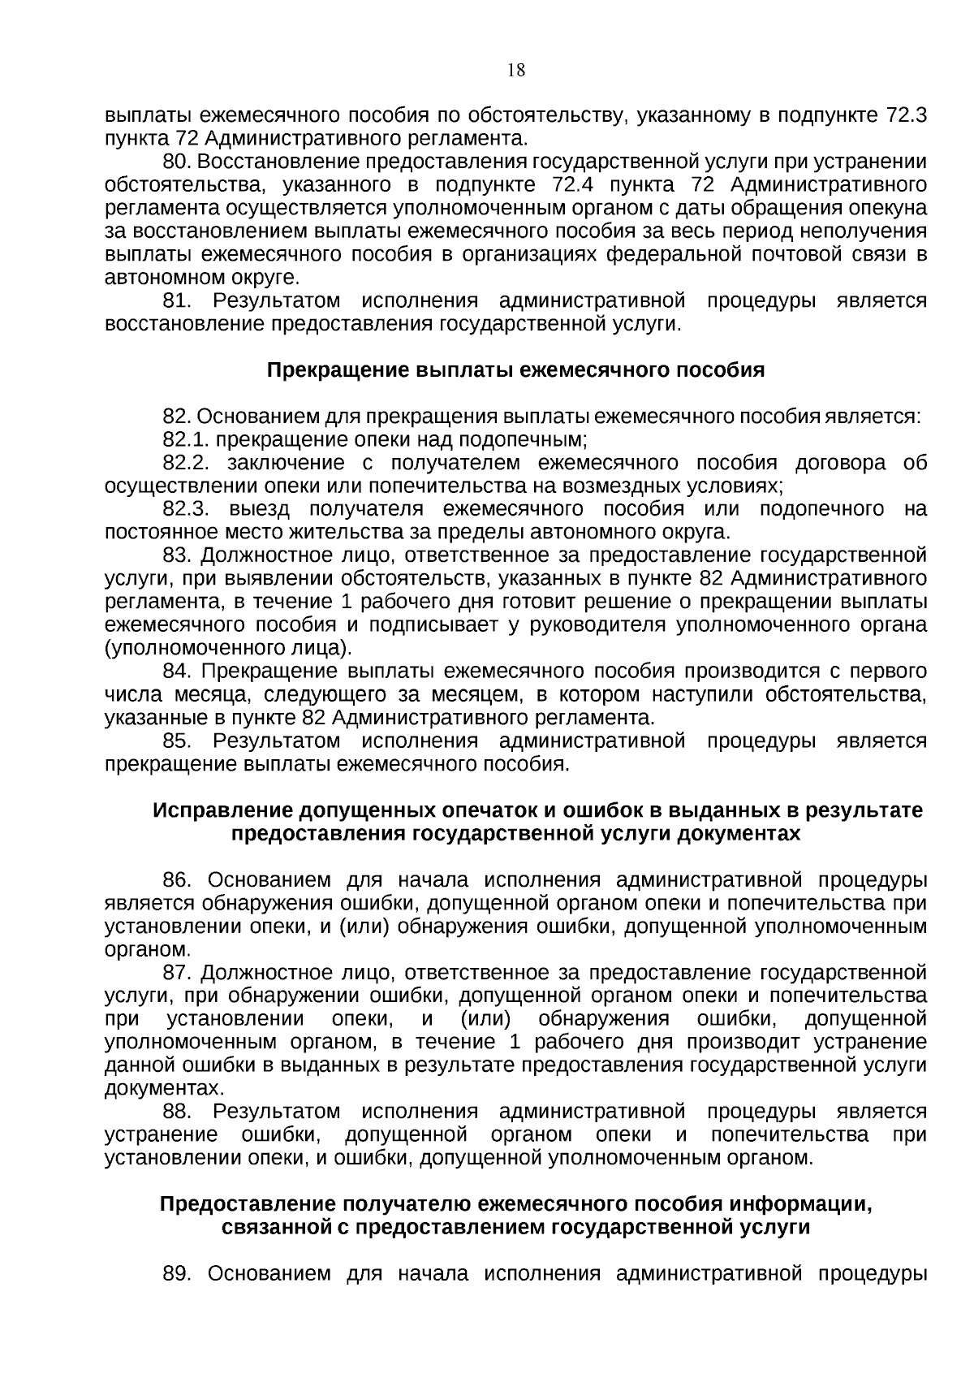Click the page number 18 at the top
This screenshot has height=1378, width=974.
(516, 70)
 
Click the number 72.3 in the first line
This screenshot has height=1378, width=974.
(906, 115)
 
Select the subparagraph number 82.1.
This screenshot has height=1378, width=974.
(187, 440)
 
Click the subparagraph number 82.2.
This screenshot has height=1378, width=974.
(187, 464)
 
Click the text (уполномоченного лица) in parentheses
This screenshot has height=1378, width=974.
(229, 649)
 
